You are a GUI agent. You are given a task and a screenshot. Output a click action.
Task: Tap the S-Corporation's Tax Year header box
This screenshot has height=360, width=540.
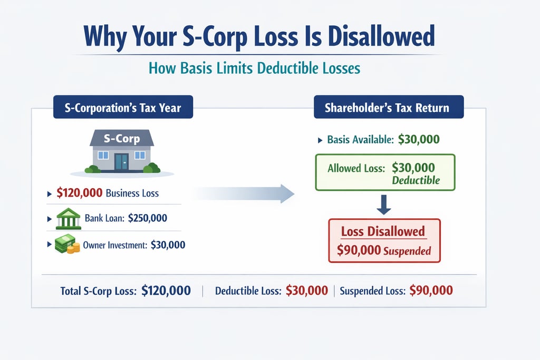click(123, 108)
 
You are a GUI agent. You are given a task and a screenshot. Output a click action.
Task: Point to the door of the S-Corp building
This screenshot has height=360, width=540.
click(122, 162)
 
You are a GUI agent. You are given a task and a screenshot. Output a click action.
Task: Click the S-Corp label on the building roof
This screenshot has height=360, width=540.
click(122, 140)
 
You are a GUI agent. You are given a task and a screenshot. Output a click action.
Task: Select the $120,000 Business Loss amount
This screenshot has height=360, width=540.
click(79, 193)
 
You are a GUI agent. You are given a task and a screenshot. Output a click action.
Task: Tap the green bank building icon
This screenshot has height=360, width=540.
click(68, 218)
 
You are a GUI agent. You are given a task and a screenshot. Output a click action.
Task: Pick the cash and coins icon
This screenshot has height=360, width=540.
click(67, 245)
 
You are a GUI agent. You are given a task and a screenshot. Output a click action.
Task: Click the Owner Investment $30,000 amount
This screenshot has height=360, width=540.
click(168, 245)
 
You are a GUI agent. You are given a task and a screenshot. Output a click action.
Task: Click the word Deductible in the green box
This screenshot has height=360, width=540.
click(416, 180)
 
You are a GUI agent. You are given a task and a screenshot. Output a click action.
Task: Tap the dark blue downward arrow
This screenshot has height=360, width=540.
click(384, 204)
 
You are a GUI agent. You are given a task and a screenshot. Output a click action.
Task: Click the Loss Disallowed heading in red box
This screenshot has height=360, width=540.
click(383, 232)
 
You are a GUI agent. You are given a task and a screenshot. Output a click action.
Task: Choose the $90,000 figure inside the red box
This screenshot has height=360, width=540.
click(359, 251)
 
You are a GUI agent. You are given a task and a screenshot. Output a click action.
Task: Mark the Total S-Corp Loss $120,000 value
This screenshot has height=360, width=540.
click(166, 290)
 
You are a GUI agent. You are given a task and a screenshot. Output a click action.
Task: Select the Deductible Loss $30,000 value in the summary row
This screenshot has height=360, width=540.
click(306, 290)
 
